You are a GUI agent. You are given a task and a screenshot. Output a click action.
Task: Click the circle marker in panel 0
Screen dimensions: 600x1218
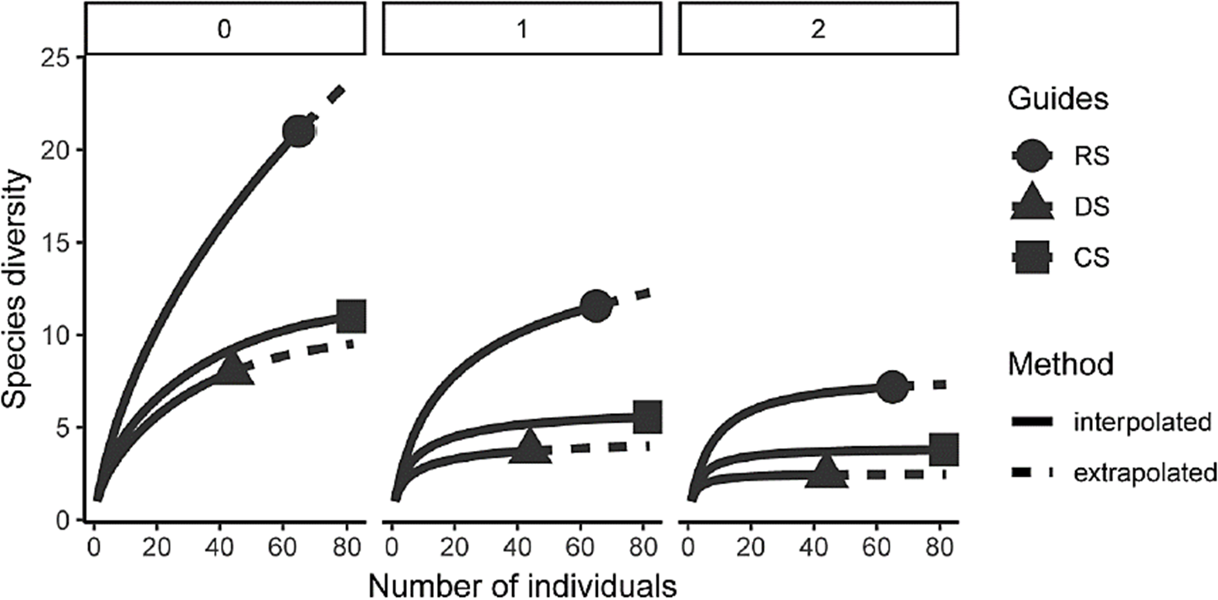[298, 132]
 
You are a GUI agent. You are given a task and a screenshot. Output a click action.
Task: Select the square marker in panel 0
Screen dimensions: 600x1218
[351, 316]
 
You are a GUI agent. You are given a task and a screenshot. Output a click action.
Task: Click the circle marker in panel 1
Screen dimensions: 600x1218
[595, 306]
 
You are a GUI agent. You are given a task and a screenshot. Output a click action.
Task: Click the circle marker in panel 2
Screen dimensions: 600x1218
[893, 386]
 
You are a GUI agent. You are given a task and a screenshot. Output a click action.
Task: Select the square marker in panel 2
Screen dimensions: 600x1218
[944, 449]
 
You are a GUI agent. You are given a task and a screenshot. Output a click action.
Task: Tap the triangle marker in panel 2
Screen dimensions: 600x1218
[826, 472]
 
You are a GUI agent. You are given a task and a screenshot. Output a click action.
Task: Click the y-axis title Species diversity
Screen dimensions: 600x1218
[19, 290]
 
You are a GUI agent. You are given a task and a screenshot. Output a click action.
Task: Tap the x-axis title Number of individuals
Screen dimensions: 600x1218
[522, 585]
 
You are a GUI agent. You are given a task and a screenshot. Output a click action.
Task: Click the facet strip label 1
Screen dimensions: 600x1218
[521, 29]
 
